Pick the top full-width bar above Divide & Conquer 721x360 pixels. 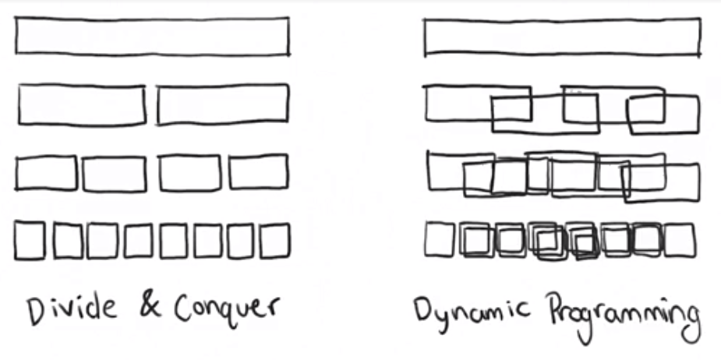pyautogui.click(x=152, y=36)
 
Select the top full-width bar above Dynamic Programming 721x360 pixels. pyautogui.click(x=561, y=37)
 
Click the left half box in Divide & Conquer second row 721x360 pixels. pyautogui.click(x=81, y=104)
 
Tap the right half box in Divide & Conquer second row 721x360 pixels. pyautogui.click(x=223, y=104)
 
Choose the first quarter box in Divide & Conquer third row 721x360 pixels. pyautogui.click(x=47, y=172)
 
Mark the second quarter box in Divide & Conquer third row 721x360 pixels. pyautogui.click(x=114, y=173)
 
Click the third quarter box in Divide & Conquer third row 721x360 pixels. pyautogui.click(x=189, y=172)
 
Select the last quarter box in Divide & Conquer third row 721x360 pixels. pyautogui.click(x=258, y=172)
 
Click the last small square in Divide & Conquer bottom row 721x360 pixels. pyautogui.click(x=275, y=241)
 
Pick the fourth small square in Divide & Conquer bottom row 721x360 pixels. pyautogui.click(x=138, y=241)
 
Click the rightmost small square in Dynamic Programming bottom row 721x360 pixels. pyautogui.click(x=679, y=240)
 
